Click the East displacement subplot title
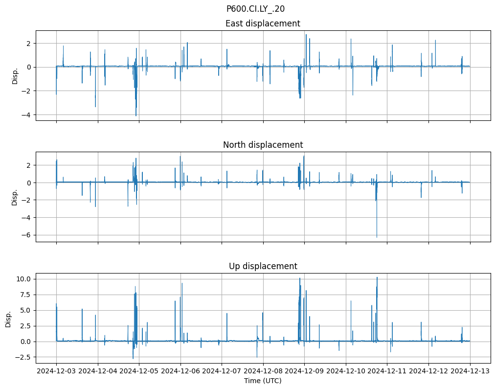click(263, 23)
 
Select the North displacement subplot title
click(263, 145)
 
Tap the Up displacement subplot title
click(263, 266)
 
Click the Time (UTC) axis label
click(263, 380)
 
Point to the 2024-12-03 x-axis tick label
click(56, 371)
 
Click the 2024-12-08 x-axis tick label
click(263, 371)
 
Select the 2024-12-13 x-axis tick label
click(470, 371)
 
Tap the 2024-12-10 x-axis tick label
click(346, 371)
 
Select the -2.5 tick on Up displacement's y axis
click(23, 357)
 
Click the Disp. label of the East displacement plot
click(15, 75)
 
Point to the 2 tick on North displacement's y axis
click(28, 165)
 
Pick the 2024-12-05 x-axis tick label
click(139, 371)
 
